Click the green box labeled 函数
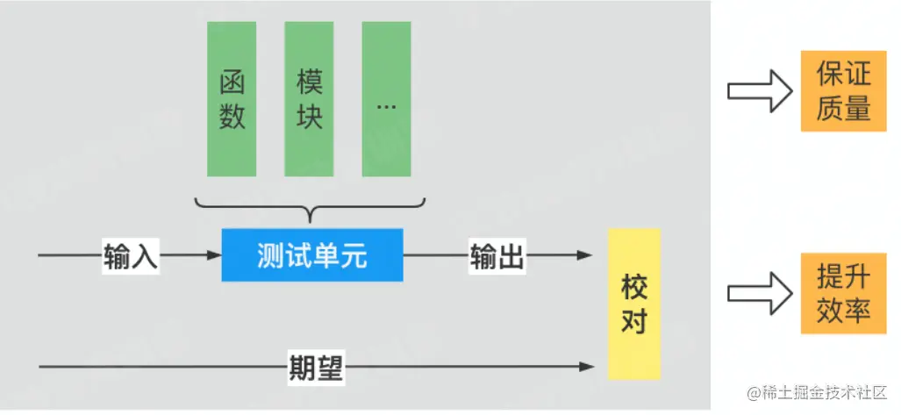click(x=232, y=98)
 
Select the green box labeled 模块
click(x=309, y=98)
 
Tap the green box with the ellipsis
click(x=386, y=98)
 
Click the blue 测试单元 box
click(x=312, y=255)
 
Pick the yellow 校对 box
click(x=633, y=303)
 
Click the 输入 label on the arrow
click(x=130, y=256)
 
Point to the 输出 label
click(x=497, y=256)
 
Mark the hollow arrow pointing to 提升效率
click(x=760, y=293)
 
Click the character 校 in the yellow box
click(x=633, y=286)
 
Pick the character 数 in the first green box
click(x=232, y=116)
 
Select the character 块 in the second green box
click(x=309, y=116)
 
